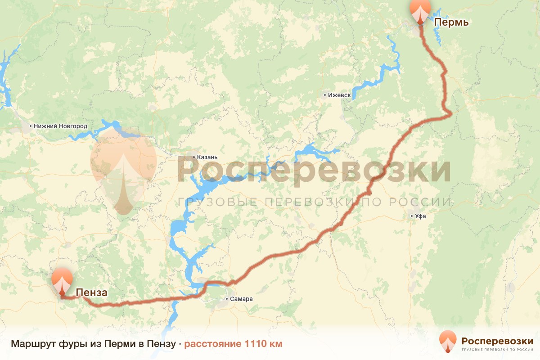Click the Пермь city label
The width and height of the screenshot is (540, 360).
pyautogui.click(x=451, y=22)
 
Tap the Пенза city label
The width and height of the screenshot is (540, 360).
pyautogui.click(x=91, y=293)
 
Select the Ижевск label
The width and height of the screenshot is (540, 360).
pyautogui.click(x=339, y=95)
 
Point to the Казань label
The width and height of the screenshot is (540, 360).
pyautogui.click(x=207, y=157)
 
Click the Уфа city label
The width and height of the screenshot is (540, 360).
pyautogui.click(x=421, y=216)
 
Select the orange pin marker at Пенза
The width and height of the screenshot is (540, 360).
pyautogui.click(x=62, y=281)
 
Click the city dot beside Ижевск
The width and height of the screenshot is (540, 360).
pyautogui.click(x=325, y=95)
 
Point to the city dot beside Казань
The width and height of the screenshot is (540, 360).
pyautogui.click(x=194, y=157)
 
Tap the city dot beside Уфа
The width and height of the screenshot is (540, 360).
pyautogui.click(x=411, y=216)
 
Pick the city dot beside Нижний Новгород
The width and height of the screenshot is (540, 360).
pyautogui.click(x=31, y=126)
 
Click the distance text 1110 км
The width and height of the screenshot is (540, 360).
pyautogui.click(x=263, y=344)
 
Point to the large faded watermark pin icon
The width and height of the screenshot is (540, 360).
pyautogui.click(x=123, y=171)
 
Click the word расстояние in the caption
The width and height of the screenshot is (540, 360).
pyautogui.click(x=213, y=344)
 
